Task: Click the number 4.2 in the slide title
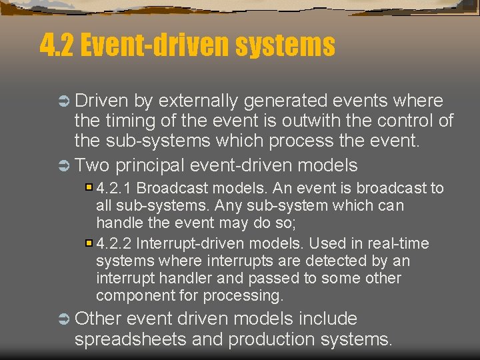click(x=57, y=45)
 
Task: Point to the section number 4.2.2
click(x=114, y=244)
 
